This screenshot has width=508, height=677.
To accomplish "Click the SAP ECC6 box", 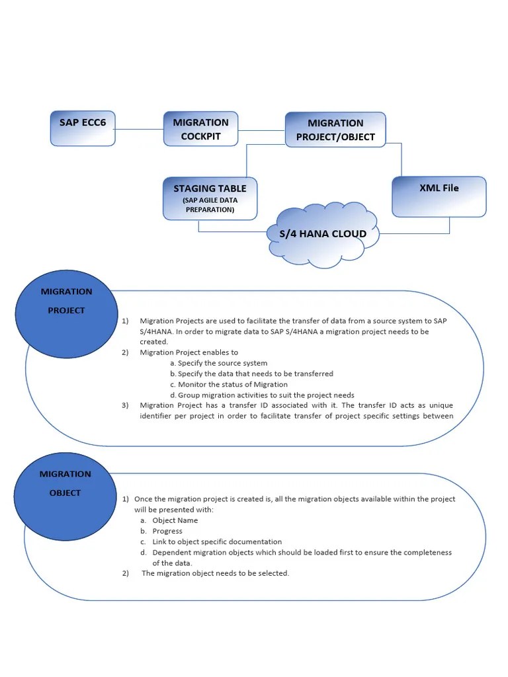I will coord(83,128).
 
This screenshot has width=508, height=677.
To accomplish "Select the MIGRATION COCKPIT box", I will coord(200,129).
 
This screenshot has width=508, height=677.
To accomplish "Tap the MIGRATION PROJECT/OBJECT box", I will coord(335,130).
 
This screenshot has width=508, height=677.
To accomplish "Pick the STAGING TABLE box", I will coord(210,198).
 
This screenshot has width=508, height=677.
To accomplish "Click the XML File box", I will coord(439,196).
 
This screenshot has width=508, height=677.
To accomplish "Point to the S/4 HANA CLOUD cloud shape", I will coord(323,234).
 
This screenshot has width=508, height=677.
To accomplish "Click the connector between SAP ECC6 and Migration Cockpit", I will coord(139,129).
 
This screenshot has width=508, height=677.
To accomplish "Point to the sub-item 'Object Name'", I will coord(175,520).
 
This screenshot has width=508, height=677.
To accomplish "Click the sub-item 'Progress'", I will coord(167,531).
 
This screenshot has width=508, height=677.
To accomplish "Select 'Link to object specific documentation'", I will coord(217,541).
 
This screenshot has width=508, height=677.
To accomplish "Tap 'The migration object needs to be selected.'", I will coord(216,573).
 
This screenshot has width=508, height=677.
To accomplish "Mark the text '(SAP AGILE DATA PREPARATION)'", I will coord(210,205).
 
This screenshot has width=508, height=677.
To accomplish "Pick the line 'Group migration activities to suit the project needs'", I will coord(266,395).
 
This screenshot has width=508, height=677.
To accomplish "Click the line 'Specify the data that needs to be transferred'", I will coord(255,374).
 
